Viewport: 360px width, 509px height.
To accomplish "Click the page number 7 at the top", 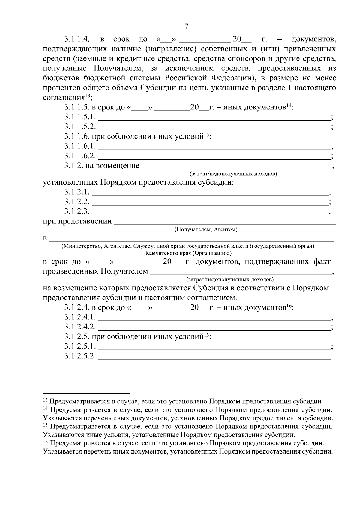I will (186, 27).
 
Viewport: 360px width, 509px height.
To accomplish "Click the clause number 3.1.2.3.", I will (77, 211).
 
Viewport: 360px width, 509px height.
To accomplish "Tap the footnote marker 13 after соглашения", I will (88, 96).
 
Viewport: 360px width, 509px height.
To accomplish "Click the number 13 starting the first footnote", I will (46, 400).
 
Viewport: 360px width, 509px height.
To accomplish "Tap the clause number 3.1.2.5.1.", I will (80, 346).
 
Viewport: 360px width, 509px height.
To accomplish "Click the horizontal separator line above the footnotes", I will (86, 393).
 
